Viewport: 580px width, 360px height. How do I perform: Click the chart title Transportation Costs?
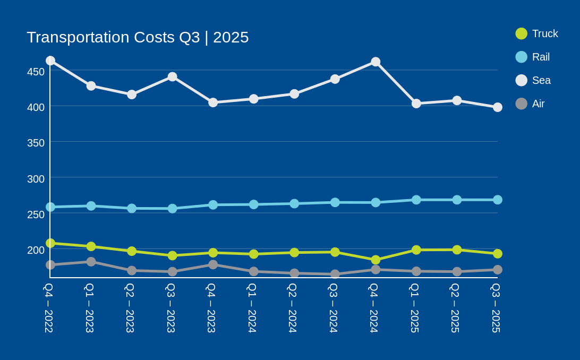click(138, 37)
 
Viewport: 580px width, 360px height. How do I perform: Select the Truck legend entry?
click(536, 33)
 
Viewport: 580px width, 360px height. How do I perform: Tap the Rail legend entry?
click(533, 57)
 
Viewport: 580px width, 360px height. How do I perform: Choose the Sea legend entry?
click(533, 80)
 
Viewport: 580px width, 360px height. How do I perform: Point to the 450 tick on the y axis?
click(36, 72)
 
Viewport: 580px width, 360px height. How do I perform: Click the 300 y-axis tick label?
click(36, 179)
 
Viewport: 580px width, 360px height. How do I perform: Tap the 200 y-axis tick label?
click(36, 250)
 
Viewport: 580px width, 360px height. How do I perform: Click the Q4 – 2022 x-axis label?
click(48, 308)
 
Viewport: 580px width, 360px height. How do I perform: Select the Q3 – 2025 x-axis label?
click(496, 308)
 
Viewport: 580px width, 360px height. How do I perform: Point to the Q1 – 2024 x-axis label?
click(252, 308)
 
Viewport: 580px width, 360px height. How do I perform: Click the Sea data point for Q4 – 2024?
click(376, 62)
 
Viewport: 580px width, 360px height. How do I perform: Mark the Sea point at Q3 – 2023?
click(173, 77)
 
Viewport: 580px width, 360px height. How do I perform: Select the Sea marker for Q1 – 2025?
click(416, 104)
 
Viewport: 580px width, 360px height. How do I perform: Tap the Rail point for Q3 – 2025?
click(498, 200)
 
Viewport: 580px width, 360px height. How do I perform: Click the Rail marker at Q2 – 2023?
click(132, 208)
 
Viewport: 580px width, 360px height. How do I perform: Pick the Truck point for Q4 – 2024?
click(376, 260)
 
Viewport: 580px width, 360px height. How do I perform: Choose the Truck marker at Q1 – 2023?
click(91, 246)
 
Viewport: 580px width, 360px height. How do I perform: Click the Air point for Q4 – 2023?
click(213, 264)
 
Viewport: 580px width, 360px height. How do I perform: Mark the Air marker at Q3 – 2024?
click(335, 274)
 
